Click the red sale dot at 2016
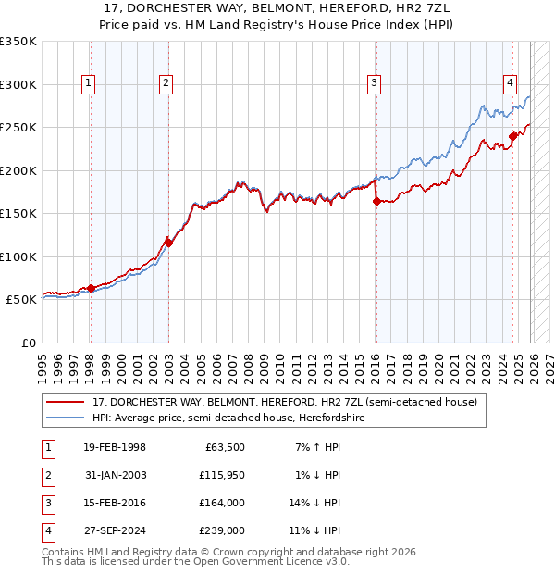376,201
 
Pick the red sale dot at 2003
168,243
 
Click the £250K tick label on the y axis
18,127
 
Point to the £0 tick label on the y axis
28,343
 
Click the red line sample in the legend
65,403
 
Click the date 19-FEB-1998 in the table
114,448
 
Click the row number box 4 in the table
47,531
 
